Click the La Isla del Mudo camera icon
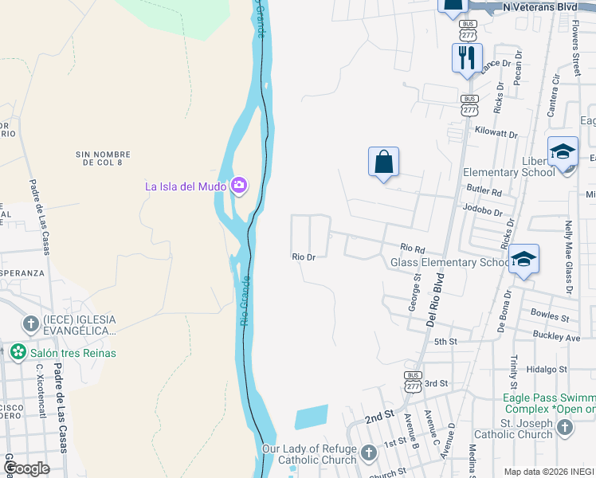pyautogui.click(x=238, y=186)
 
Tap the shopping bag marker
pyautogui.click(x=383, y=162)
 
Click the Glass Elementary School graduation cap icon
pyautogui.click(x=523, y=260)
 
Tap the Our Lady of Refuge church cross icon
pyautogui.click(x=368, y=454)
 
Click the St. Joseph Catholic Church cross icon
pyautogui.click(x=564, y=428)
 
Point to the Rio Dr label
pyautogui.click(x=304, y=257)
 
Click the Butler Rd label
pyautogui.click(x=484, y=192)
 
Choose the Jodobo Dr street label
pyautogui.click(x=482, y=213)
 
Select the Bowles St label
pyautogui.click(x=549, y=317)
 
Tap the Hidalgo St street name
pyautogui.click(x=546, y=370)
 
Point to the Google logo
pyautogui.click(x=26, y=468)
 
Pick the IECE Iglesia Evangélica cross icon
pyautogui.click(x=30, y=323)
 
